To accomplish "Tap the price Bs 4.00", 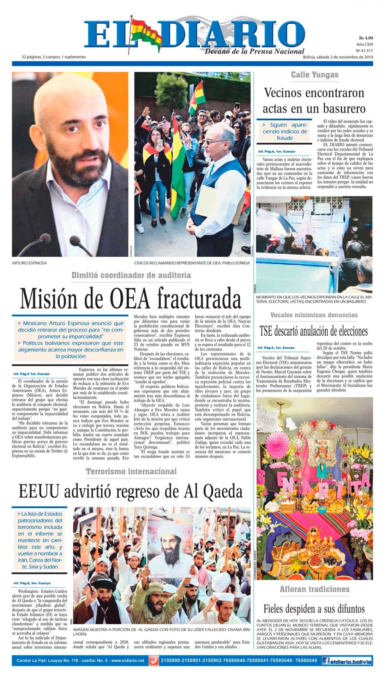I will (365, 38).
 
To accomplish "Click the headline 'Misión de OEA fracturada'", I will (130, 298).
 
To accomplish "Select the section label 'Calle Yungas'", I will (314, 75).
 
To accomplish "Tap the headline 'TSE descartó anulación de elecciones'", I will (313, 331).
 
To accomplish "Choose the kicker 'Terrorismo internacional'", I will (131, 471).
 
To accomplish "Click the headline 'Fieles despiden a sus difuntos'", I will (314, 609).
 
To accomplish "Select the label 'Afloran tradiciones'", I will (314, 589).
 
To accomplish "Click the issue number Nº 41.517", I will (364, 51).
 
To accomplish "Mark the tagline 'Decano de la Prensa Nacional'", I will (254, 51).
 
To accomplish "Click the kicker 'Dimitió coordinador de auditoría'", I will (131, 275).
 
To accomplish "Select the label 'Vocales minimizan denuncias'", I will (314, 315).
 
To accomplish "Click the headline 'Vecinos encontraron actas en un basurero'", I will (314, 100).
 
